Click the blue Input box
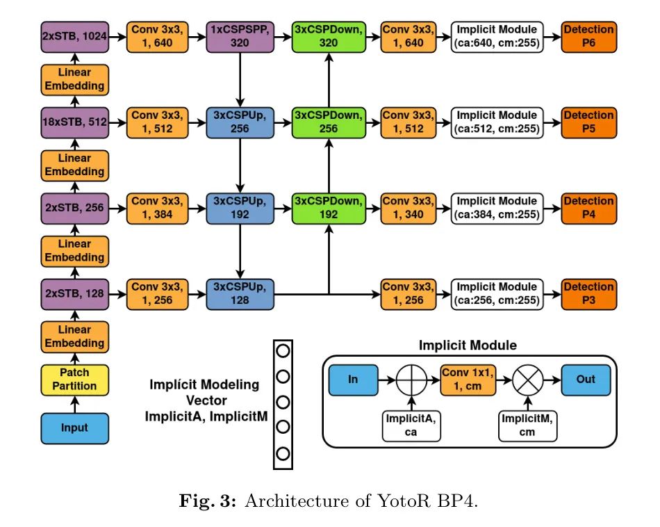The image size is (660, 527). coord(75,428)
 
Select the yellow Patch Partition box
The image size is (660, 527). coord(75,378)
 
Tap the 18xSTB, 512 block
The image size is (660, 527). coord(75,122)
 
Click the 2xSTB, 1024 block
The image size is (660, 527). coord(75,36)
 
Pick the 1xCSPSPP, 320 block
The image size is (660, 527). coord(240,36)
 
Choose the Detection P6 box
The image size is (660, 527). coord(588,36)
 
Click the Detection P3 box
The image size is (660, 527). coord(588,293)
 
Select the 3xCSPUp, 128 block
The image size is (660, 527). coord(240,293)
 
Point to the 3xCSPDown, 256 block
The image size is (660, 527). coord(328,122)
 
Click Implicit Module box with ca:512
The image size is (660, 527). coord(497,122)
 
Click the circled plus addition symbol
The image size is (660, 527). coord(411,381)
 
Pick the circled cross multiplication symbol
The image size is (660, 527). coord(527,381)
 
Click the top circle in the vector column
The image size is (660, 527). coord(283,350)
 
